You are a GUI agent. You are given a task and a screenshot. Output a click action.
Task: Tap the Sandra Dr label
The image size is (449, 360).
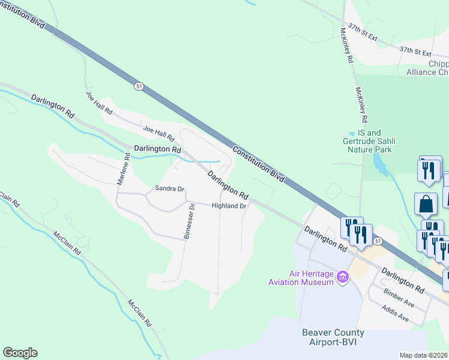pyautogui.click(x=169, y=188)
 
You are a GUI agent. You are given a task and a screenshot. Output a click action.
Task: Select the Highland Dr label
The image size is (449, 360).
pyautogui.click(x=229, y=206)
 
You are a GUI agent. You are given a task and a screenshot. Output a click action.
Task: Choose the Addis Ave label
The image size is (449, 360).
pyautogui.click(x=395, y=313)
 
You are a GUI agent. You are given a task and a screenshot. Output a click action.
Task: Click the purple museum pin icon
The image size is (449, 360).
pyautogui.click(x=343, y=277)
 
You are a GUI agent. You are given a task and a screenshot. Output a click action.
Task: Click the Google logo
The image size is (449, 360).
pyautogui.click(x=20, y=353)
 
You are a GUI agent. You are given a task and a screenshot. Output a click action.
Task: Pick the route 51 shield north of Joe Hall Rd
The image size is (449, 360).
pyautogui.click(x=139, y=86)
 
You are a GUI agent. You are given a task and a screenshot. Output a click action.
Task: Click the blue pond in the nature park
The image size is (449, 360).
pyautogui.click(x=379, y=161)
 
